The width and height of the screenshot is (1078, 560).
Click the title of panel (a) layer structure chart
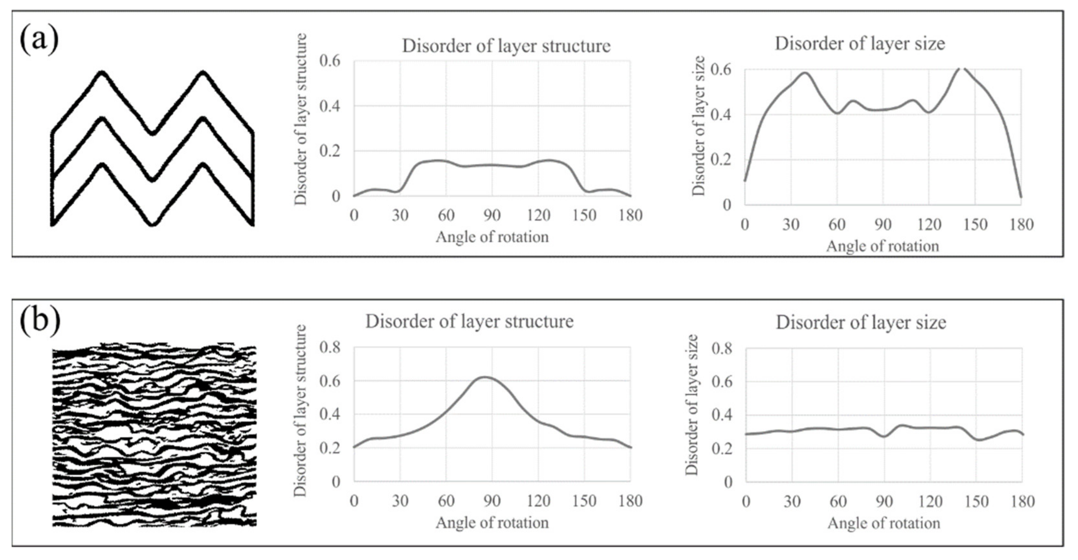[x=506, y=46]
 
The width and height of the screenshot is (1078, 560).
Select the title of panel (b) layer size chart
[x=861, y=322]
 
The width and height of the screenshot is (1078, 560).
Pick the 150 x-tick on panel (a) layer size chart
[x=975, y=225]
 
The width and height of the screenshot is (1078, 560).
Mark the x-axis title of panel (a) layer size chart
[x=883, y=246]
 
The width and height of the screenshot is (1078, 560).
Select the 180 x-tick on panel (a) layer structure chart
[x=630, y=215]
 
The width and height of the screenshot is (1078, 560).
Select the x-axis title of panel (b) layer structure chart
[x=492, y=523]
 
